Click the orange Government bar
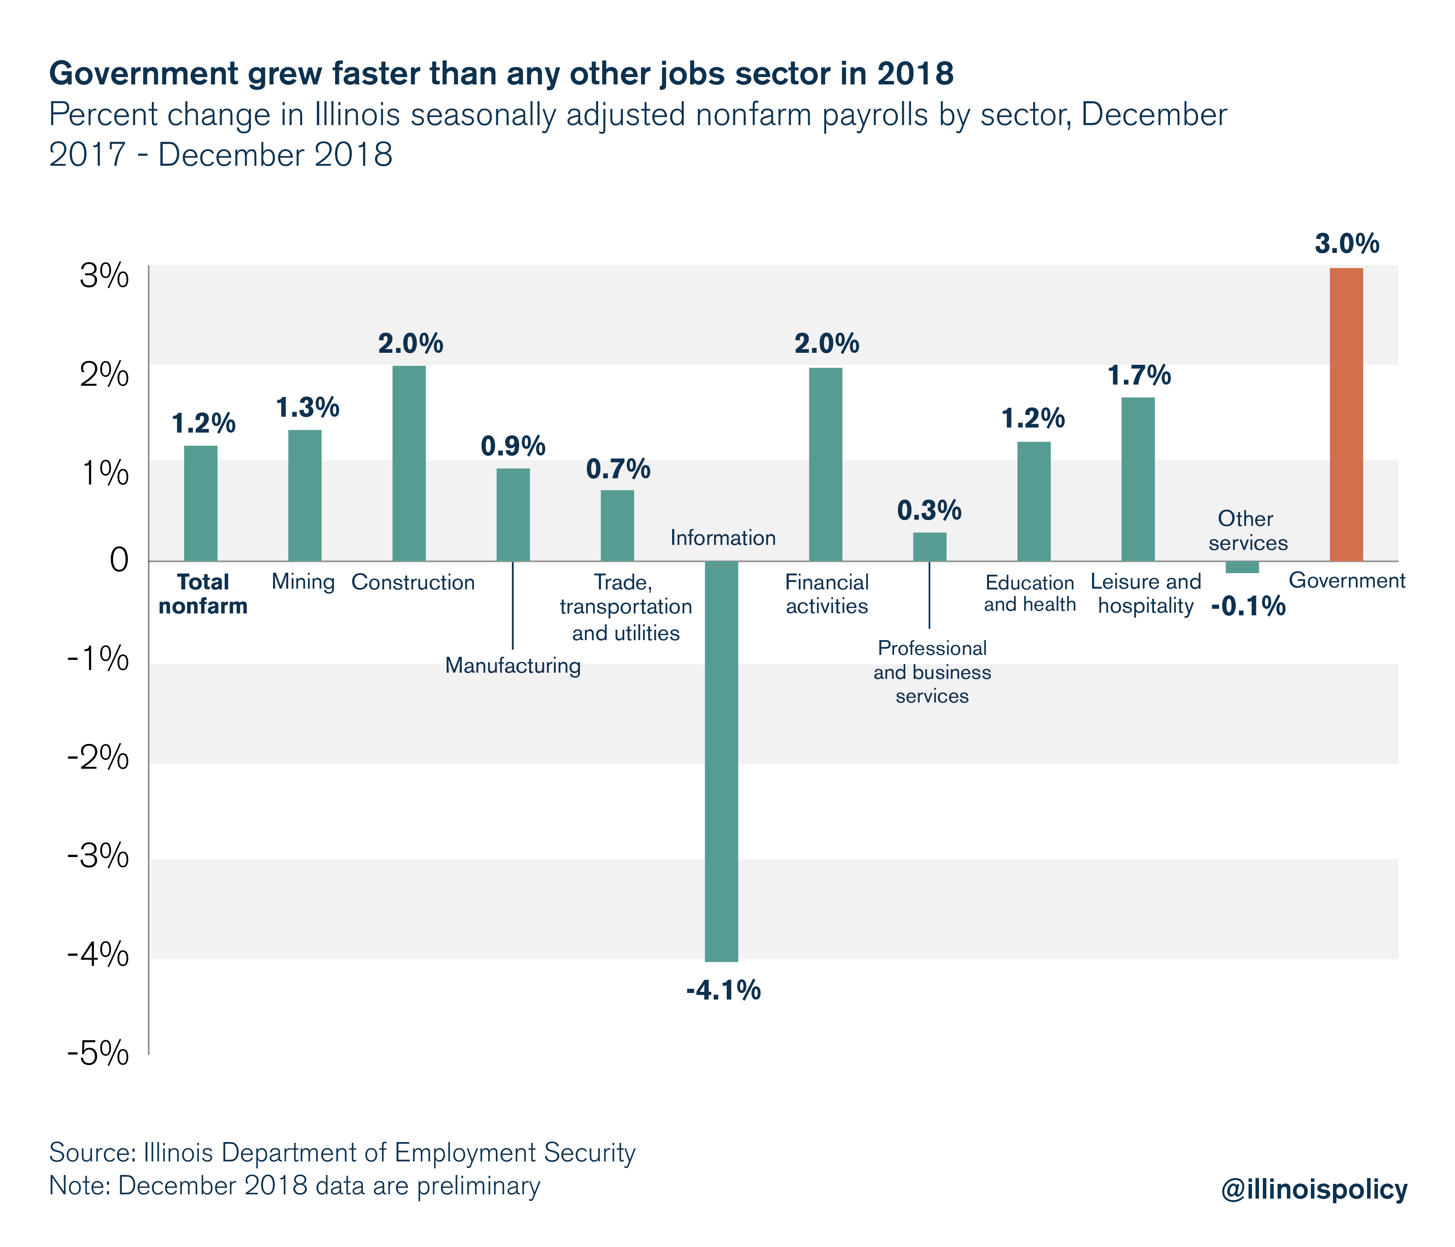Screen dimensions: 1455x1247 tap(1346, 414)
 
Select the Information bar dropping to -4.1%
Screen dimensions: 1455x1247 tap(721, 761)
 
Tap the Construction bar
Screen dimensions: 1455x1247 tap(409, 464)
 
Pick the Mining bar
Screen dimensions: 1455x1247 tap(305, 496)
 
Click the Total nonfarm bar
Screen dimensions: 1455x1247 tap(200, 503)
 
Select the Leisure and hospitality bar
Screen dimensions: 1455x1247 tap(1138, 479)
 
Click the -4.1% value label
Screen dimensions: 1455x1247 tap(723, 991)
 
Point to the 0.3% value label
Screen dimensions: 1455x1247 tap(930, 510)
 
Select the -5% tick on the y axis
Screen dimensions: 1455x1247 tap(98, 1055)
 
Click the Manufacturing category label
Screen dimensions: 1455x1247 tap(513, 665)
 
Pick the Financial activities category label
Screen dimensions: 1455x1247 tap(827, 594)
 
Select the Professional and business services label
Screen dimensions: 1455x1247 tap(932, 672)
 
